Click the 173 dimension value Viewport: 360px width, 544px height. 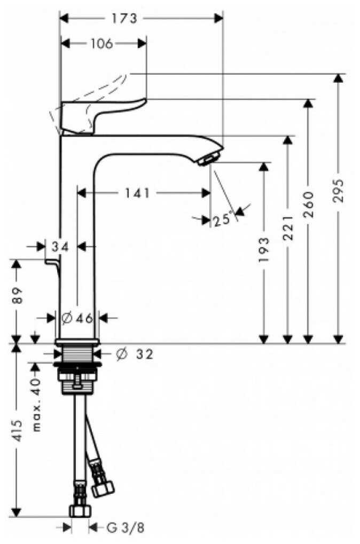coord(124,18)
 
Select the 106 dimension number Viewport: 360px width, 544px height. coord(101,44)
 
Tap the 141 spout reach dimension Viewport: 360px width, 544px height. coord(137,193)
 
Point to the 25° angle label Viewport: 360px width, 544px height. coord(222,219)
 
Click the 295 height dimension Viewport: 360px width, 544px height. coord(338,191)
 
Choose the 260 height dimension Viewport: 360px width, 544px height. coord(308,204)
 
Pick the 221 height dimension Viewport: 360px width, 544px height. coord(288,228)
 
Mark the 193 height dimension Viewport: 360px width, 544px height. coord(263,249)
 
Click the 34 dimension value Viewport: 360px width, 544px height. coord(60,247)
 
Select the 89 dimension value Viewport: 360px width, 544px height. coord(17,295)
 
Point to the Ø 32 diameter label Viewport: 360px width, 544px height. coord(135,354)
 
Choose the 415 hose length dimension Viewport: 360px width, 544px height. coord(17,430)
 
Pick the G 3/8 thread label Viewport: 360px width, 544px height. coord(126,527)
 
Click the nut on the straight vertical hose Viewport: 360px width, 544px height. coord(80,511)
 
